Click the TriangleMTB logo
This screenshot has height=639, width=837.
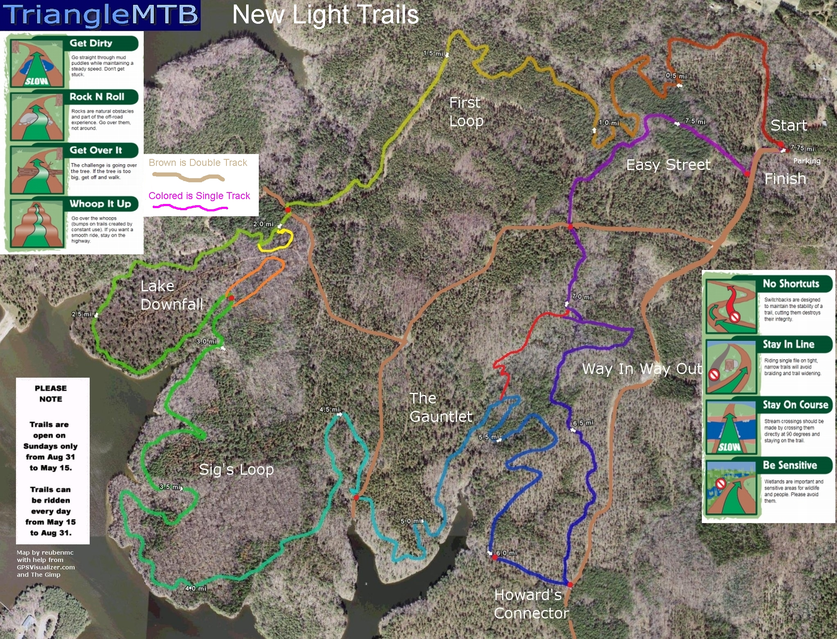coord(100,15)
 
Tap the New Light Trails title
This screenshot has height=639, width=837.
coord(325,15)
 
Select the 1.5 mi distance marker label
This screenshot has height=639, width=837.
coord(433,54)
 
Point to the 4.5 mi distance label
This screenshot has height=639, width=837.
coord(330,410)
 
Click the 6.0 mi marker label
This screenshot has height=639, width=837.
coord(507,553)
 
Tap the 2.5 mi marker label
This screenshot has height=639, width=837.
coord(81,314)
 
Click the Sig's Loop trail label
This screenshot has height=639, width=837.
coord(236,469)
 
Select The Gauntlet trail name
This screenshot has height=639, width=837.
coord(441,408)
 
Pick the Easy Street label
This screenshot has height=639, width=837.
coord(668,165)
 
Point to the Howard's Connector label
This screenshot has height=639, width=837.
coord(531,604)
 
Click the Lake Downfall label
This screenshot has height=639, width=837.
coord(172,295)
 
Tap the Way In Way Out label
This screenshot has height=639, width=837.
coord(642,369)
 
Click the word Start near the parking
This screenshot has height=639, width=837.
coord(789,125)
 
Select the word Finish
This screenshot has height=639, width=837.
coord(785,179)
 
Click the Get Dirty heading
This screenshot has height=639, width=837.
coord(91,43)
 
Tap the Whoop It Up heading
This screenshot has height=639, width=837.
coord(100,204)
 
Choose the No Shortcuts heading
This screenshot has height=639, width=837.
coord(791,283)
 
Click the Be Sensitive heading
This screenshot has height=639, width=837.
coord(790,465)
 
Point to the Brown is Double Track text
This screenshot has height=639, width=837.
coord(198,163)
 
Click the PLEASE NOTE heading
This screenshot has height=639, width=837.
coord(51,393)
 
